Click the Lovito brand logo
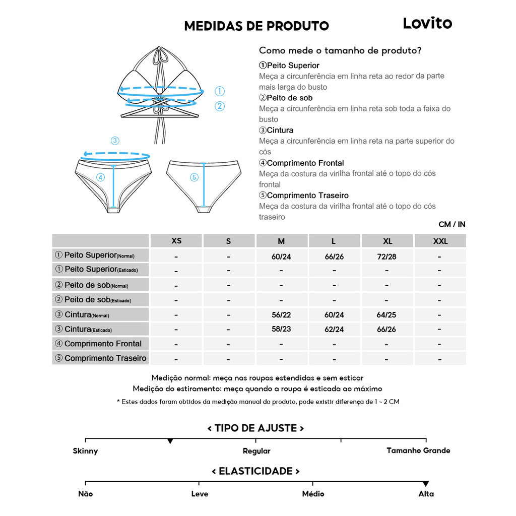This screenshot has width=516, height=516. tap(427, 23)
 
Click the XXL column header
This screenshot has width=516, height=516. tap(440, 241)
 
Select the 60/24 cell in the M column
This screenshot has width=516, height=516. tap(281, 256)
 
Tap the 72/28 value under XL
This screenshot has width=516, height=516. tap(386, 256)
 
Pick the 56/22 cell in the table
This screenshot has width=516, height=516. tap(281, 315)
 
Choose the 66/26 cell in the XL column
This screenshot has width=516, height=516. tap(386, 330)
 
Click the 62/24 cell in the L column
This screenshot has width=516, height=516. tap(334, 330)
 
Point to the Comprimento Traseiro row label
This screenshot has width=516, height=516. tap(101, 358)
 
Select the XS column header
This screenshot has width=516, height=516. tap(176, 241)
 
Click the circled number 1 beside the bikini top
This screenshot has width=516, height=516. tap(219, 91)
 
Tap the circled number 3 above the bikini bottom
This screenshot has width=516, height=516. tap(115, 141)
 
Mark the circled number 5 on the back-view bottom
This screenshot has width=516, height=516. tap(195, 177)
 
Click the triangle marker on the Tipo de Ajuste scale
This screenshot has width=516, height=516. tap(170, 441)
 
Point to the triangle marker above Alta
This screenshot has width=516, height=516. tap(426, 484)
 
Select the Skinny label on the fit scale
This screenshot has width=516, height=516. tap(85, 451)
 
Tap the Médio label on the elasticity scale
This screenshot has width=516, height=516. tap(313, 494)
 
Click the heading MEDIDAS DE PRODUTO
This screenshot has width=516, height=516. tap(256, 26)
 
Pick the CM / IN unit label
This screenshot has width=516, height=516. tap(452, 224)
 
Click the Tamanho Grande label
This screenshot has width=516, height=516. tap(418, 450)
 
